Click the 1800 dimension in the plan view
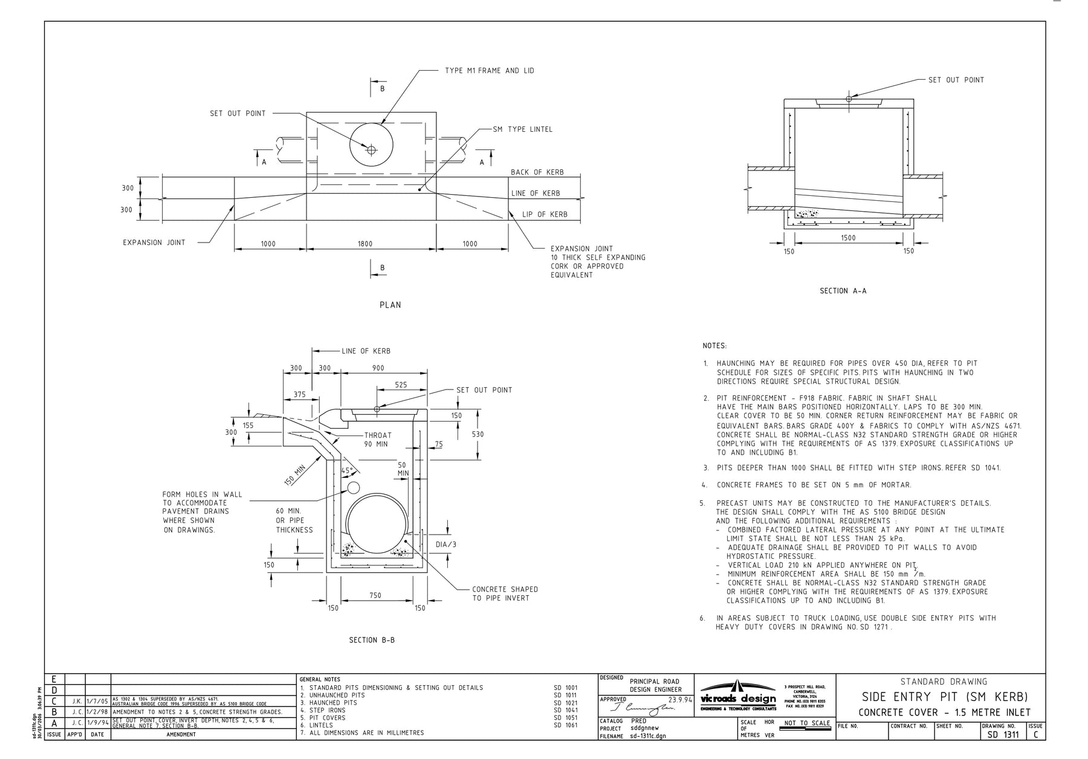tap(364, 244)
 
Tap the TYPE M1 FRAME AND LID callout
tap(489, 71)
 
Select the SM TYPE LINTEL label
tap(522, 129)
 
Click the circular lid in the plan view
tap(371, 145)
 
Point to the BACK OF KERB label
tap(537, 172)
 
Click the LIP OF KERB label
tap(544, 215)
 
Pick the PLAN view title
tap(390, 305)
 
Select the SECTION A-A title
tap(843, 291)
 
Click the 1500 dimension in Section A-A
tap(848, 238)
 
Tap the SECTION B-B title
tap(372, 640)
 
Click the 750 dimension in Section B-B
tap(375, 596)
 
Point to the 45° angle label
tap(347, 470)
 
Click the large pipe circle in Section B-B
tap(376, 524)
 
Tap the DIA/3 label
tap(445, 544)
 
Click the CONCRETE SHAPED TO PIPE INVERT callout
tap(505, 593)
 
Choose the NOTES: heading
tap(714, 346)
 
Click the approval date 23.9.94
tap(679, 700)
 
